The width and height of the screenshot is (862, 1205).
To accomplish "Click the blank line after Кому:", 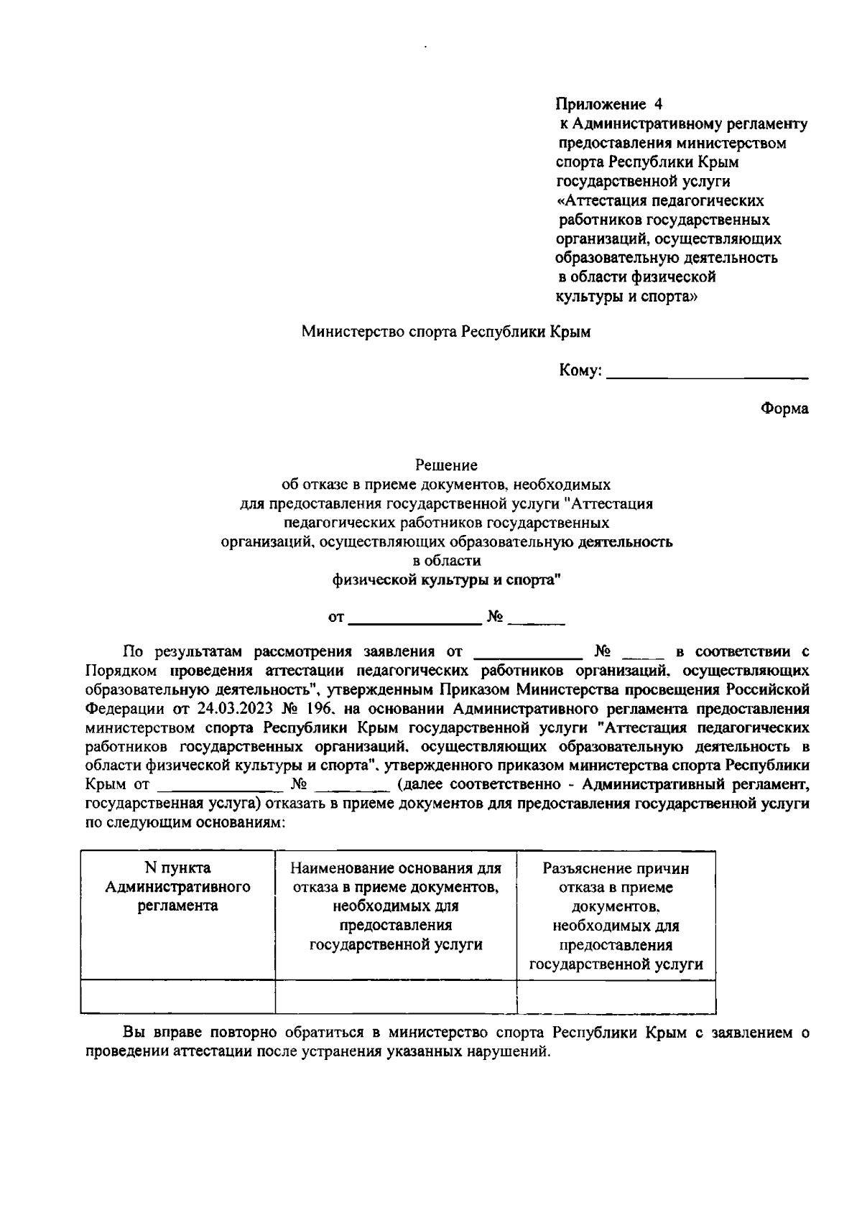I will (x=707, y=373).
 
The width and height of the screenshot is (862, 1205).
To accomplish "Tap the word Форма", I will (x=784, y=409).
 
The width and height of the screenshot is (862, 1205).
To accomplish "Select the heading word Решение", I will (x=446, y=465).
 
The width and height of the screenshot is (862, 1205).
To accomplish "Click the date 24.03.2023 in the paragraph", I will (x=233, y=709).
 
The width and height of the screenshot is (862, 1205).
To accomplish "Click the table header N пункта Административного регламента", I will (x=177, y=887).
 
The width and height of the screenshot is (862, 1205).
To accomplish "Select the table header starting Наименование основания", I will (x=396, y=906).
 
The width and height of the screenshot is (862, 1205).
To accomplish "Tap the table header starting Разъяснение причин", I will (x=616, y=916).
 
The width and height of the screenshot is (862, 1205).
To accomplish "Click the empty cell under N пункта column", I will (x=177, y=996).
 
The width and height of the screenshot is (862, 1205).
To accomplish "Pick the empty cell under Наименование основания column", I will (x=396, y=996).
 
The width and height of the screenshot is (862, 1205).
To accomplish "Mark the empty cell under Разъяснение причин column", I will (x=616, y=996).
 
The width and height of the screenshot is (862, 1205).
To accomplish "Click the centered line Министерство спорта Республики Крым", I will (x=445, y=332).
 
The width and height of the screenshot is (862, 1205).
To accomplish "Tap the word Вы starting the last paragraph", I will (x=134, y=1033).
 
